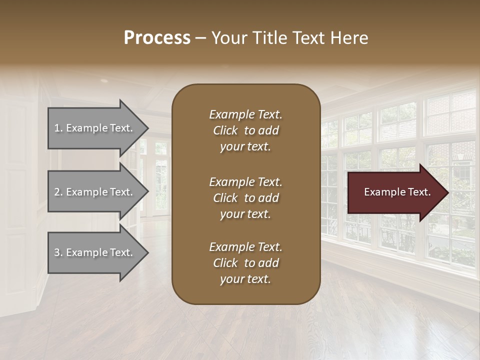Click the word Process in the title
(x=157, y=38)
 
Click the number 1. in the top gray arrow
(x=58, y=128)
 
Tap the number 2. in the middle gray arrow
(x=58, y=192)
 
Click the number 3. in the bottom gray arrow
(x=58, y=252)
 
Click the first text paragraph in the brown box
(x=245, y=130)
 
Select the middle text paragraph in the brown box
(x=245, y=198)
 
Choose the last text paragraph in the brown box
(x=245, y=263)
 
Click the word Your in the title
(x=229, y=38)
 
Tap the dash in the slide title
(x=200, y=38)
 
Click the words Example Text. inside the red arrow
(x=397, y=192)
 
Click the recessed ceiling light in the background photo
(x=104, y=80)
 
